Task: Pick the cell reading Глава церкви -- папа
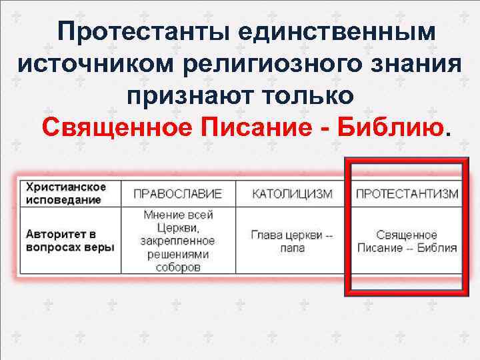(x=292, y=241)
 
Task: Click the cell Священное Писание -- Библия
(x=407, y=241)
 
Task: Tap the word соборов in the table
(x=177, y=267)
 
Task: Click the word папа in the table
(x=292, y=248)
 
